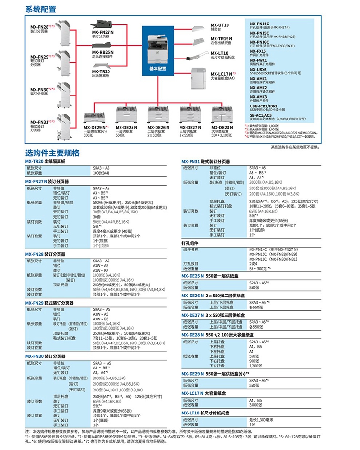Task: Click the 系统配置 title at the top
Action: (41, 9)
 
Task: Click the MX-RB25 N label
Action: (103, 52)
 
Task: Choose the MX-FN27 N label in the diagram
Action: (103, 32)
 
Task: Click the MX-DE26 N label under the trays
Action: (159, 127)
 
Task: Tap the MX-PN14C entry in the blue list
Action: (260, 23)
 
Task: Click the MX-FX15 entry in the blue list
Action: (258, 51)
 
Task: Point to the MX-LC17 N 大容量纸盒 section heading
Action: (204, 393)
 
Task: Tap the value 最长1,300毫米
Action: (262, 420)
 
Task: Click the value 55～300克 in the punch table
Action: (259, 268)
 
